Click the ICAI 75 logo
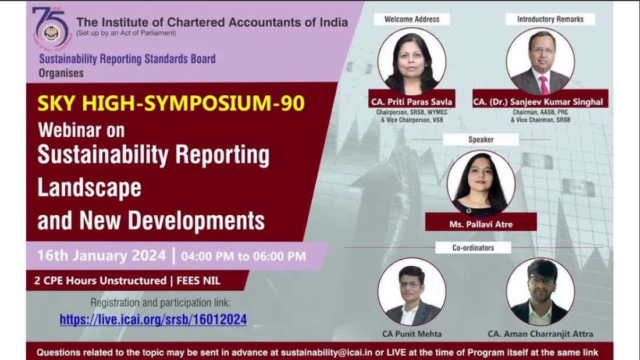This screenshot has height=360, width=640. click(x=51, y=28)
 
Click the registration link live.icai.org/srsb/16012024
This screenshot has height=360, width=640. click(x=153, y=320)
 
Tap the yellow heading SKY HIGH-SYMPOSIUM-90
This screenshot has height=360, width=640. click(x=171, y=103)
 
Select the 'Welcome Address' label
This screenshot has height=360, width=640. click(x=412, y=19)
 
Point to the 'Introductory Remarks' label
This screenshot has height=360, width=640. click(x=550, y=19)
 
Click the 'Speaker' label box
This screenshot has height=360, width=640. click(x=481, y=140)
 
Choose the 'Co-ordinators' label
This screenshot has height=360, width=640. click(x=473, y=248)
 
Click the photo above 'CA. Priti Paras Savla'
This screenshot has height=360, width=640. click(x=411, y=62)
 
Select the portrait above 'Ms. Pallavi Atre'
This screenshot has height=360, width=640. click(x=481, y=183)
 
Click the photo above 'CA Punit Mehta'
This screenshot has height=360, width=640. click(x=411, y=291)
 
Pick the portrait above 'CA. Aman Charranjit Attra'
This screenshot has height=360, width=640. click(x=540, y=291)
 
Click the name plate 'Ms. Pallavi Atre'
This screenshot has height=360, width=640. click(x=481, y=224)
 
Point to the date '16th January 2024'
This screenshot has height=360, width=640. click(x=102, y=255)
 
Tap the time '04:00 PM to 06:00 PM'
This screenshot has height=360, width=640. click(x=243, y=256)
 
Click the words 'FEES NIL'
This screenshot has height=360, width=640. click(x=198, y=281)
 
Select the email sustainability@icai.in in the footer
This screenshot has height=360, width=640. click(x=326, y=352)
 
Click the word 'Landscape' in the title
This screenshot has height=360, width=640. click(x=90, y=187)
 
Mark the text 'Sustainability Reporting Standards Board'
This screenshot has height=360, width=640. click(x=127, y=59)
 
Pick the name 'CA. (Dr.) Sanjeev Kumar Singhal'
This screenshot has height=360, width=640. click(x=538, y=102)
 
